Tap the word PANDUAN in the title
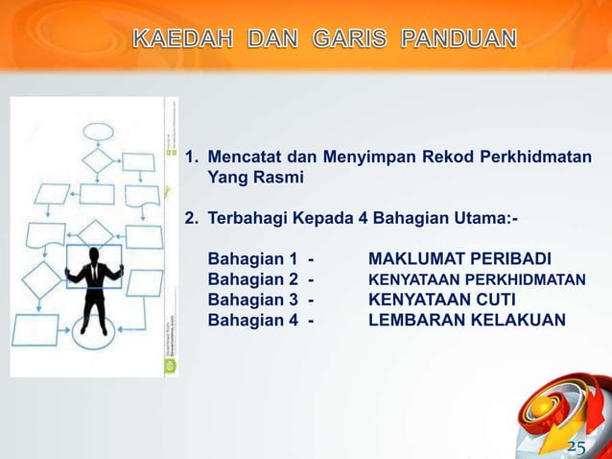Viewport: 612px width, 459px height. point(458,39)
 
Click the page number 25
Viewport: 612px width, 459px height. point(577,447)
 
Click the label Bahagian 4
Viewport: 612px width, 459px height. point(253,320)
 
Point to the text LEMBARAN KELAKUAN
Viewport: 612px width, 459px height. point(467,320)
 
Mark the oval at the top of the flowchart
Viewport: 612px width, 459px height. point(98,132)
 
